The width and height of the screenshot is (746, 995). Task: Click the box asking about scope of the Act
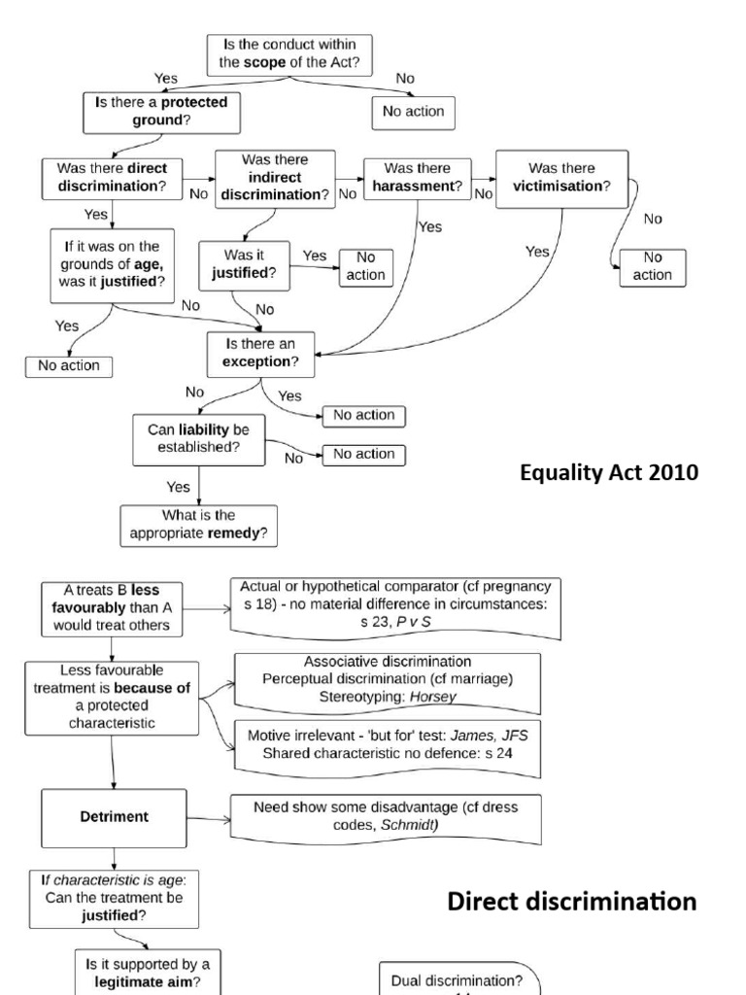coord(289,51)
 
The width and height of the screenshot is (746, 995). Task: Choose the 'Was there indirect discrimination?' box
coord(274,177)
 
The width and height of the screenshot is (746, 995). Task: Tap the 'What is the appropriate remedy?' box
coord(198,524)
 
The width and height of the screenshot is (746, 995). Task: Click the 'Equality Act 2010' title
coord(608,474)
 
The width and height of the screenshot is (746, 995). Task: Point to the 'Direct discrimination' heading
coord(572,902)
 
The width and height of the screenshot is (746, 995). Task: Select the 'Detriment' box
coord(115,817)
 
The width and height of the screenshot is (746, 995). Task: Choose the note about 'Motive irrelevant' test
coord(387,745)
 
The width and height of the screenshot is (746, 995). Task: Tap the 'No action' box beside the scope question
coord(413,112)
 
